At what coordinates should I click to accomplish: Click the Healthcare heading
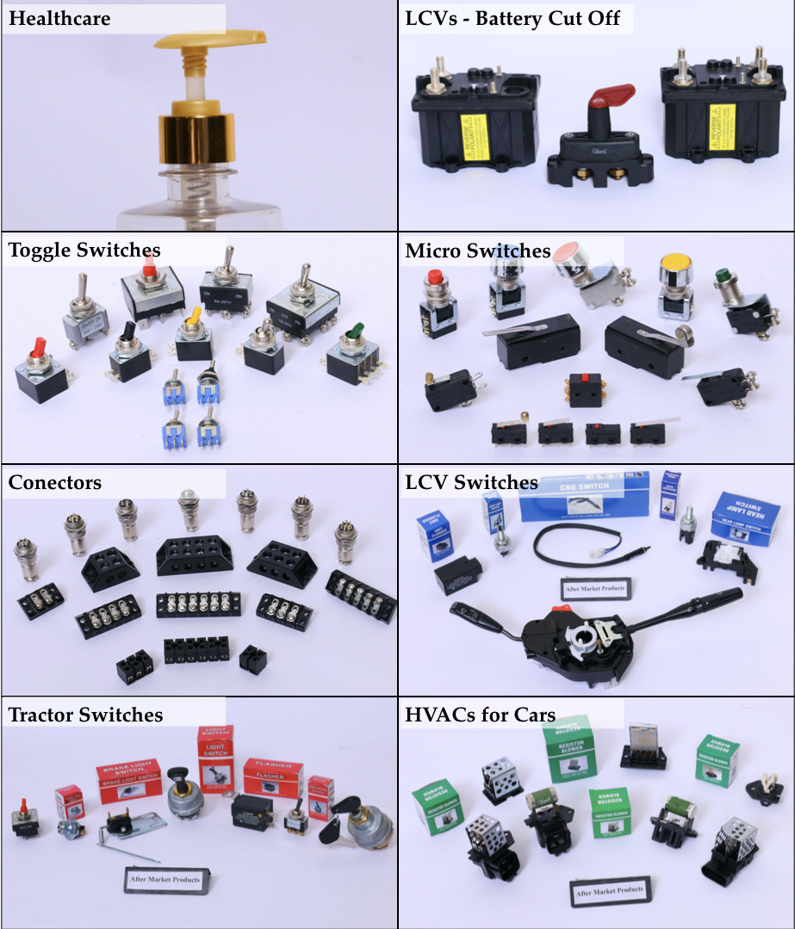tap(59, 18)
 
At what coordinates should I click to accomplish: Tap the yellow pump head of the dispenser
tap(211, 43)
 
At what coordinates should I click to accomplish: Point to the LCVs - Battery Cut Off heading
tap(512, 18)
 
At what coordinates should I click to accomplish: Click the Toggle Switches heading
tap(84, 251)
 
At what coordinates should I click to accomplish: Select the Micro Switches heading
tap(477, 251)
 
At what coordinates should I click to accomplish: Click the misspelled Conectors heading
tap(55, 482)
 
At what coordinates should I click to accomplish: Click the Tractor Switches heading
tap(85, 715)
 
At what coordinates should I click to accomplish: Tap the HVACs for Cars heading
tap(481, 715)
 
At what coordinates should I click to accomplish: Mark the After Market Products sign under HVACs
tap(607, 891)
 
